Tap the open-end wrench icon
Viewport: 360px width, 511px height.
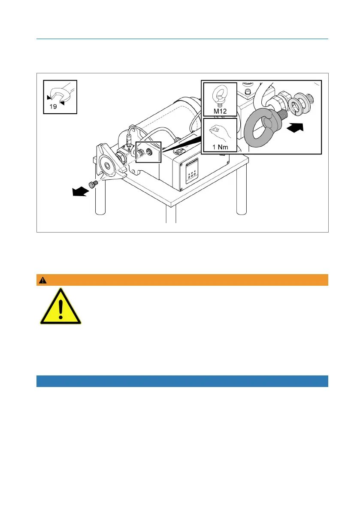point(61,92)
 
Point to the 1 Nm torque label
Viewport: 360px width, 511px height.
point(219,149)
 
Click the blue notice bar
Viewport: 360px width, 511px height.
point(182,381)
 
